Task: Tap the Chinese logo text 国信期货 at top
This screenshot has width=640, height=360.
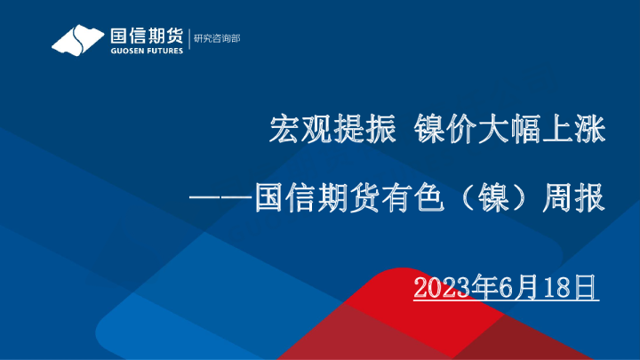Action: [146, 35]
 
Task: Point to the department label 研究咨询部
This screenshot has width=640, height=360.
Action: [217, 39]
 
